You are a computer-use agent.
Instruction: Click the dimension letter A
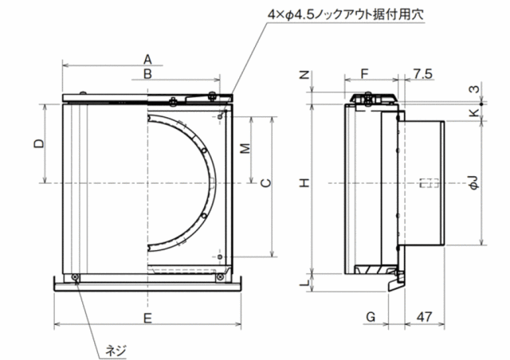coord(147,60)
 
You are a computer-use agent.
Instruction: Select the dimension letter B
coord(147,74)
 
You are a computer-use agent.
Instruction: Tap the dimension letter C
coord(266,183)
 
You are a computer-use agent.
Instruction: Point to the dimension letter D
coord(39,143)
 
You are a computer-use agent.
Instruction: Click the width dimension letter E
coord(147,318)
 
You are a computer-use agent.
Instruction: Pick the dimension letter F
coord(364,74)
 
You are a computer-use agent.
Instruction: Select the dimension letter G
coord(371,316)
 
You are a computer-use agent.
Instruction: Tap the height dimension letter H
coord(304,183)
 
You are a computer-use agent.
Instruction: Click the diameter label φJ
coord(474,182)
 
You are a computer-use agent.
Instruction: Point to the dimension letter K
coord(475,112)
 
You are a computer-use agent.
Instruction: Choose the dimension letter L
coord(304,284)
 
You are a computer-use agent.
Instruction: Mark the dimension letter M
coord(246,148)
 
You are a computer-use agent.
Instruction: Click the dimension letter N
coord(304,75)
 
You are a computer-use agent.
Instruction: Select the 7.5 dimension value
coord(423,74)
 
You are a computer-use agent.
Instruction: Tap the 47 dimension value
coord(425,316)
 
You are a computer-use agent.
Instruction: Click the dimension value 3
coord(475,88)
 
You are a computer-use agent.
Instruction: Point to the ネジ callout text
coord(116,351)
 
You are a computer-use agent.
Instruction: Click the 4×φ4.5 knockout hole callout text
coord(346,14)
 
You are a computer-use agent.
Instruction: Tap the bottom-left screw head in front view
coord(76,277)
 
